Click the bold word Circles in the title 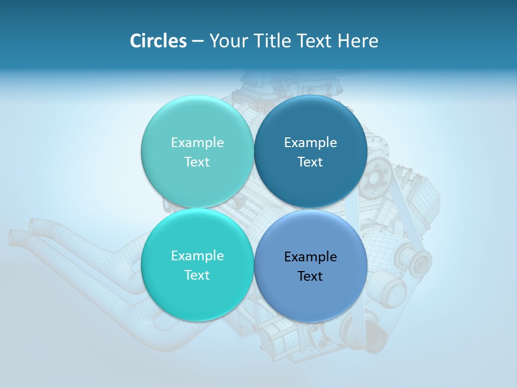pyautogui.click(x=158, y=40)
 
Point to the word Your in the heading pyautogui.click(x=228, y=40)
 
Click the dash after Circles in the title pyautogui.click(x=198, y=41)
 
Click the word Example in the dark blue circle pyautogui.click(x=311, y=143)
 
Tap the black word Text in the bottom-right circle pyautogui.click(x=310, y=276)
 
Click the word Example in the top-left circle pyautogui.click(x=197, y=143)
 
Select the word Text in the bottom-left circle pyautogui.click(x=197, y=275)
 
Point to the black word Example pyautogui.click(x=311, y=257)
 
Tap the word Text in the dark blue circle pyautogui.click(x=310, y=162)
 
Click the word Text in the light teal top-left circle pyautogui.click(x=197, y=162)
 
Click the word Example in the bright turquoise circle pyautogui.click(x=197, y=256)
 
